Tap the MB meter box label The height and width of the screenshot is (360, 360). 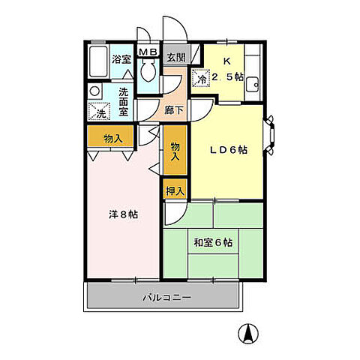point(146,52)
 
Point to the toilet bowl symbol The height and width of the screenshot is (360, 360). point(147,72)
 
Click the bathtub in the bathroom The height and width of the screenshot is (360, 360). point(97,62)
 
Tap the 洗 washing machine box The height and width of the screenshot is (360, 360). point(100,113)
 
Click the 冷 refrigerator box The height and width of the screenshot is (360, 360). point(201,77)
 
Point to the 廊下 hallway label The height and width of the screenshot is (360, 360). point(174,108)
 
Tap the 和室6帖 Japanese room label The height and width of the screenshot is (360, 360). point(214,242)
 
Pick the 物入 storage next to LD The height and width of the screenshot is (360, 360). point(175,152)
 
